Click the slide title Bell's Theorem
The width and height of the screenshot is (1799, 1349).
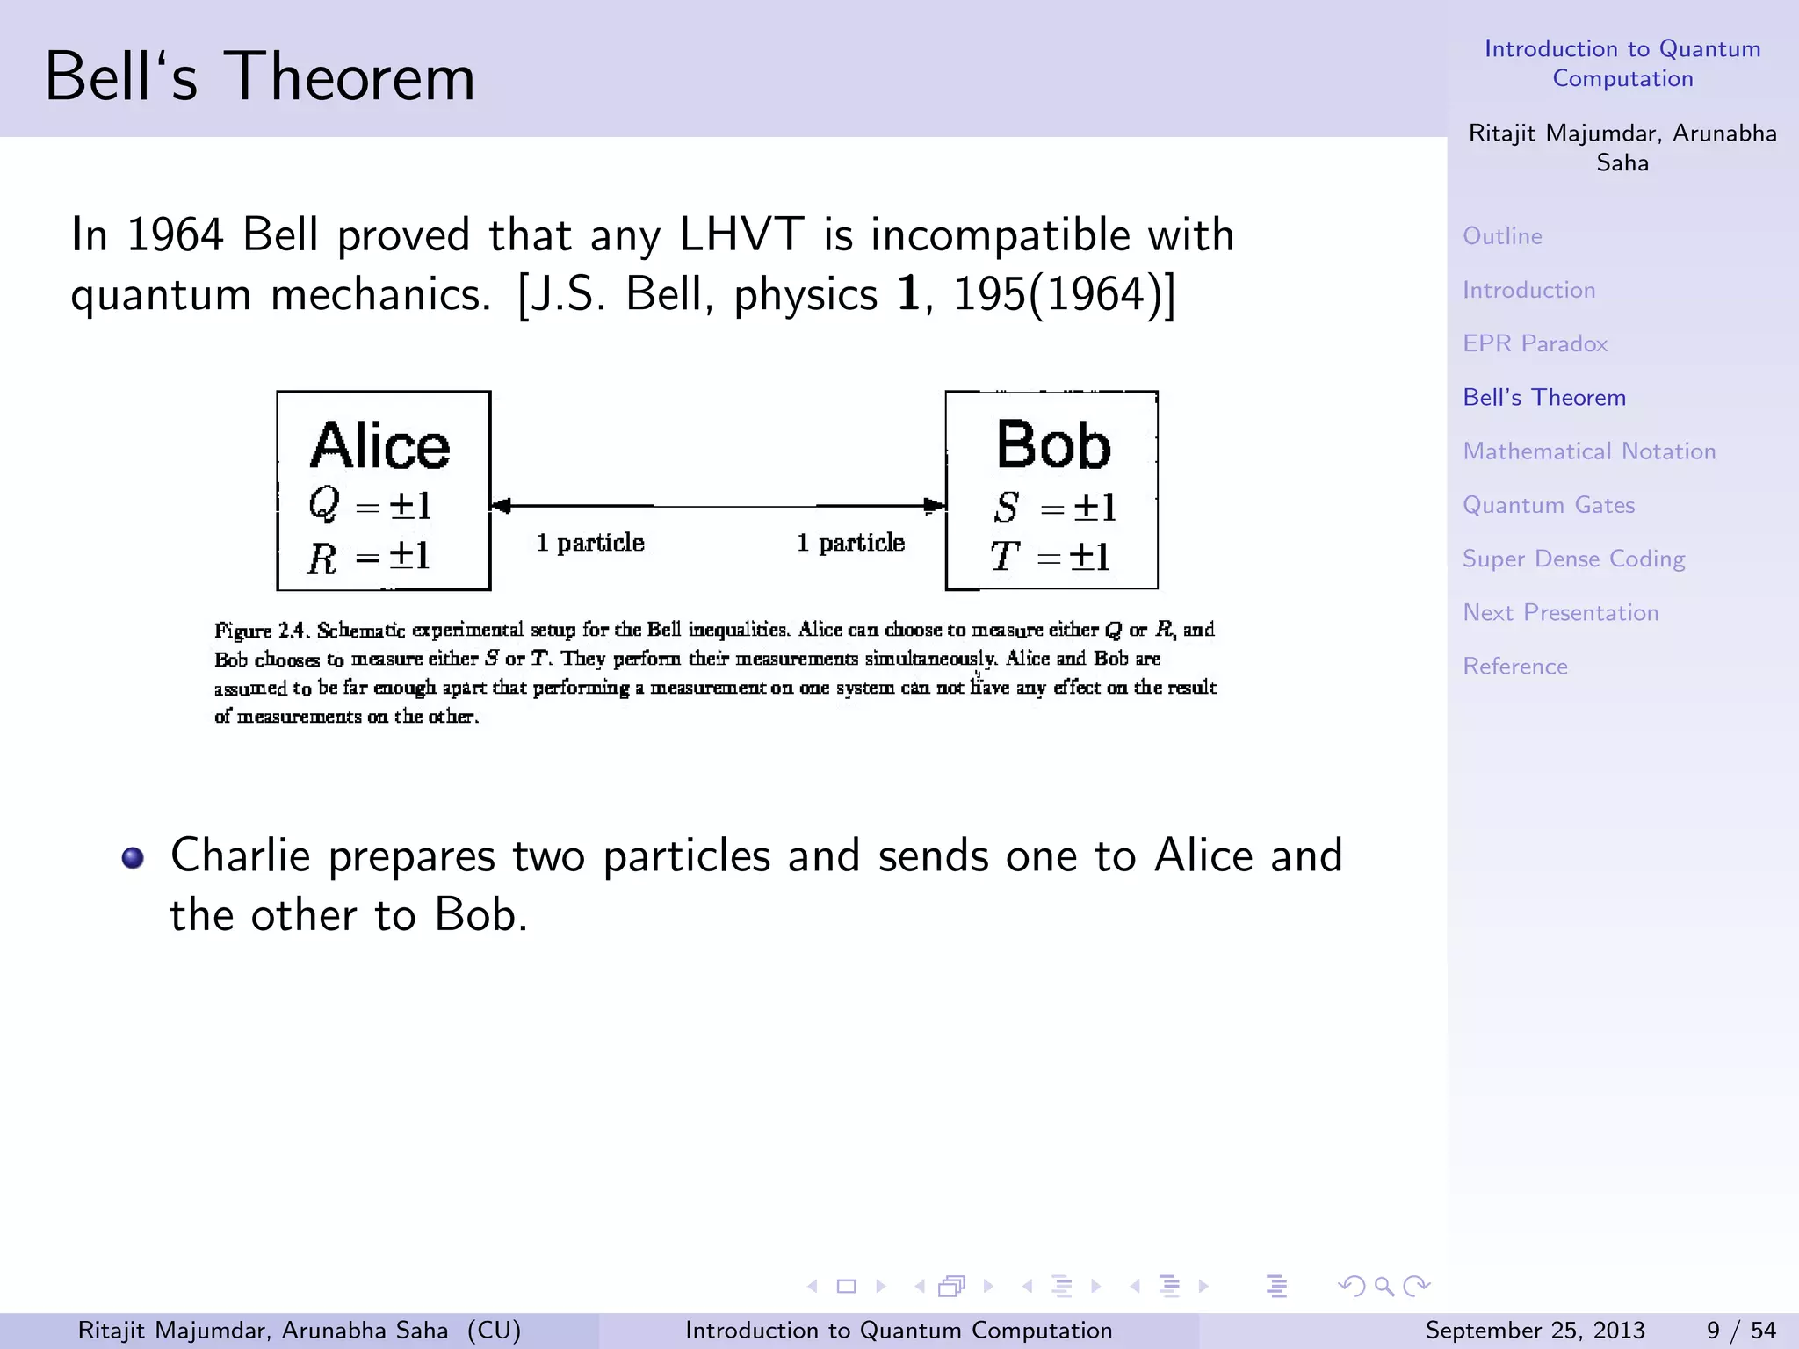pos(259,77)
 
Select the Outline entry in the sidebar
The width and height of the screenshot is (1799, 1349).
pos(1502,236)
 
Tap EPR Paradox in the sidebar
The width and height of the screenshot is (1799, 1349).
pos(1535,343)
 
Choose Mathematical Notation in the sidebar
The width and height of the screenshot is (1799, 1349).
pos(1588,451)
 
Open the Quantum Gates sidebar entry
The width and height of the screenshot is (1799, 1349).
pos(1548,505)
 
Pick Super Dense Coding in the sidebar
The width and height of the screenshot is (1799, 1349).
pos(1572,559)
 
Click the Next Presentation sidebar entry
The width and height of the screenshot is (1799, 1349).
pos(1560,612)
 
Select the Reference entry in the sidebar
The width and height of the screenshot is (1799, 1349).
pos(1514,667)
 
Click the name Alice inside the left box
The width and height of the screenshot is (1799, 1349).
pos(379,446)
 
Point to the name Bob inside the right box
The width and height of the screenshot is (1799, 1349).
pos(1052,445)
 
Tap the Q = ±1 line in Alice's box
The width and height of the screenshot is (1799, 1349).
pos(370,505)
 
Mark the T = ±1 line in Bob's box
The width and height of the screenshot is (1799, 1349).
pos(1051,556)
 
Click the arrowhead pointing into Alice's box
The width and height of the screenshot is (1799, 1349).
pos(502,506)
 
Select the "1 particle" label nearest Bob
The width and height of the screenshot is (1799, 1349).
pos(850,543)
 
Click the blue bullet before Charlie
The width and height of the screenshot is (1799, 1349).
pos(133,857)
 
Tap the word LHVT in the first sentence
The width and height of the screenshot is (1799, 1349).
pos(741,235)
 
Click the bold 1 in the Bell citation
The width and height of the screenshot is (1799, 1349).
pos(908,294)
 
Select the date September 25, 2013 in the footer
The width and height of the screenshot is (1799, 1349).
pos(1534,1331)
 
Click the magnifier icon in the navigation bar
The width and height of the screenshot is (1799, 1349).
pos(1384,1287)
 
